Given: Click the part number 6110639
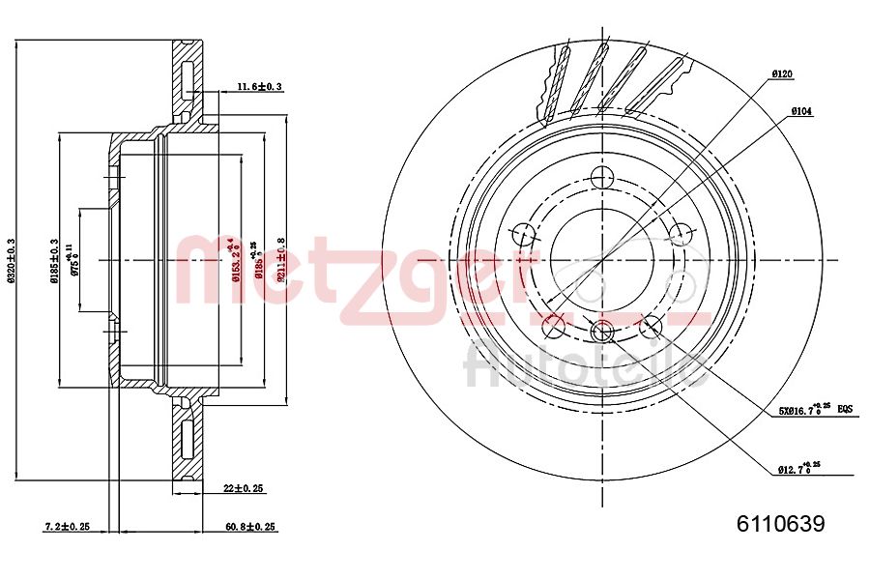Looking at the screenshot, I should pyautogui.click(x=780, y=524).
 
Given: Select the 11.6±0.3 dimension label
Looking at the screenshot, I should pyautogui.click(x=259, y=87).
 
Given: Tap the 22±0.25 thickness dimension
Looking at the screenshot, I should pyautogui.click(x=243, y=489).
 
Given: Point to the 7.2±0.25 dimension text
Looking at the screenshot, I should pyautogui.click(x=67, y=527).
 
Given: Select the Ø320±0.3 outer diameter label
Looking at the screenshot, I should pyautogui.click(x=12, y=260).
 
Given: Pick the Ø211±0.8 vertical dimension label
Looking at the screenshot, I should pyautogui.click(x=281, y=259).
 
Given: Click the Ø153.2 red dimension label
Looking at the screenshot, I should pyautogui.click(x=232, y=262).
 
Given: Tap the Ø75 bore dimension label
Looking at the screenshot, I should pyautogui.click(x=75, y=260).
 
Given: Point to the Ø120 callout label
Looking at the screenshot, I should pyautogui.click(x=782, y=73).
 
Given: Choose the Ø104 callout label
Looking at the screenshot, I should pyautogui.click(x=801, y=111).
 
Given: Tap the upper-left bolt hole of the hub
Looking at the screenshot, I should pyautogui.click(x=524, y=234).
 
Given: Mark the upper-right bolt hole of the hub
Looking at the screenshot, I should pyautogui.click(x=681, y=234).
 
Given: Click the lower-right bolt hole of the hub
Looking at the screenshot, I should pyautogui.click(x=651, y=325).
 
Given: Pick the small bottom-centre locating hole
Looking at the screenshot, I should pyautogui.click(x=602, y=332).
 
